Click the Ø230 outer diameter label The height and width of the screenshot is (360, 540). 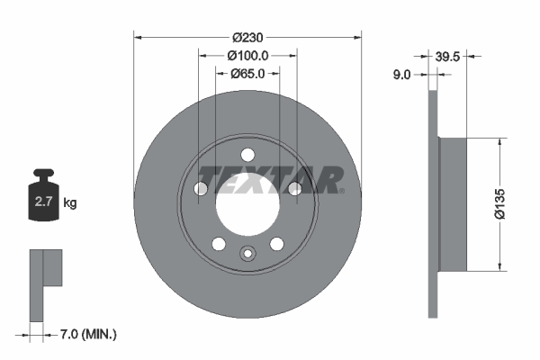247,38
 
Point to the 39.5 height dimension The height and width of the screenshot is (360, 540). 447,56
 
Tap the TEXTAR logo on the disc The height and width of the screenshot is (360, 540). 270,180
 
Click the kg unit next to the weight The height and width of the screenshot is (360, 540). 70,203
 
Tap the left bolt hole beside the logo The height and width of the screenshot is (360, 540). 201,187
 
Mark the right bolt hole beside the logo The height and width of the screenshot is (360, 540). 293,187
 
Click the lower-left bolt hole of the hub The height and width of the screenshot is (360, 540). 218,243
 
